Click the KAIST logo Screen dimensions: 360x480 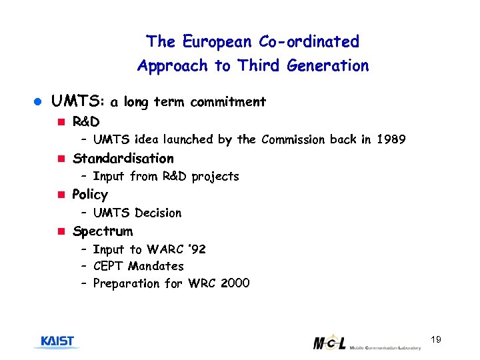tap(57, 342)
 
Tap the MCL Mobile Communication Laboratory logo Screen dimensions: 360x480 tap(367, 343)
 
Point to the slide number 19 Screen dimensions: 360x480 tap(436, 341)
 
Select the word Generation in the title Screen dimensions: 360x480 tap(328, 66)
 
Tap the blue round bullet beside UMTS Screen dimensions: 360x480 tap(38, 103)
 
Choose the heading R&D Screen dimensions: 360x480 tap(86, 122)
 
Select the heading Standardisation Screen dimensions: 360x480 tap(123, 159)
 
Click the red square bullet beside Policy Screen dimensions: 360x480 tap(60, 195)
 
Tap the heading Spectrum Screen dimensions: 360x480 tap(103, 231)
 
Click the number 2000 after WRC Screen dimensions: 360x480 tap(235, 283)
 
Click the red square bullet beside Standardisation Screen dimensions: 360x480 tap(60, 159)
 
